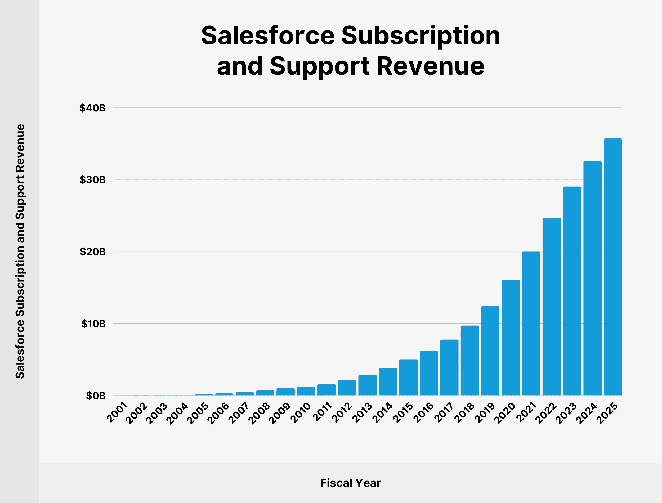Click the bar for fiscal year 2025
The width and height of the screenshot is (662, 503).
(x=613, y=267)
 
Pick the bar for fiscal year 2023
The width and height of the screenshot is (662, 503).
(x=572, y=291)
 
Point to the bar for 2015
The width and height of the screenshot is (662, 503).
(x=408, y=377)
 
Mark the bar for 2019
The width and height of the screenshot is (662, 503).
(x=490, y=351)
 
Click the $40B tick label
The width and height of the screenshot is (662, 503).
(x=92, y=108)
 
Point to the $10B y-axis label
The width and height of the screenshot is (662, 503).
(x=93, y=324)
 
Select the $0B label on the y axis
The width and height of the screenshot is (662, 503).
(x=96, y=396)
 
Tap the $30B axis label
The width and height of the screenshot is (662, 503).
(x=92, y=180)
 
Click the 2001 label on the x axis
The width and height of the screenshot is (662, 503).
(x=117, y=412)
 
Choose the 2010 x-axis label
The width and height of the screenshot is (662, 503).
(x=302, y=412)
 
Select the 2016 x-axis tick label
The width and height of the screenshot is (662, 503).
(x=424, y=412)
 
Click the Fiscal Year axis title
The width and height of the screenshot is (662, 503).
(x=351, y=483)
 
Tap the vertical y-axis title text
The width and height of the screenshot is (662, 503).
(x=20, y=251)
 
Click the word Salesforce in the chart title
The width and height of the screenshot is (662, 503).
(x=268, y=36)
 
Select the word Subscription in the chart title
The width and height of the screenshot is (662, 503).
(x=421, y=36)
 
